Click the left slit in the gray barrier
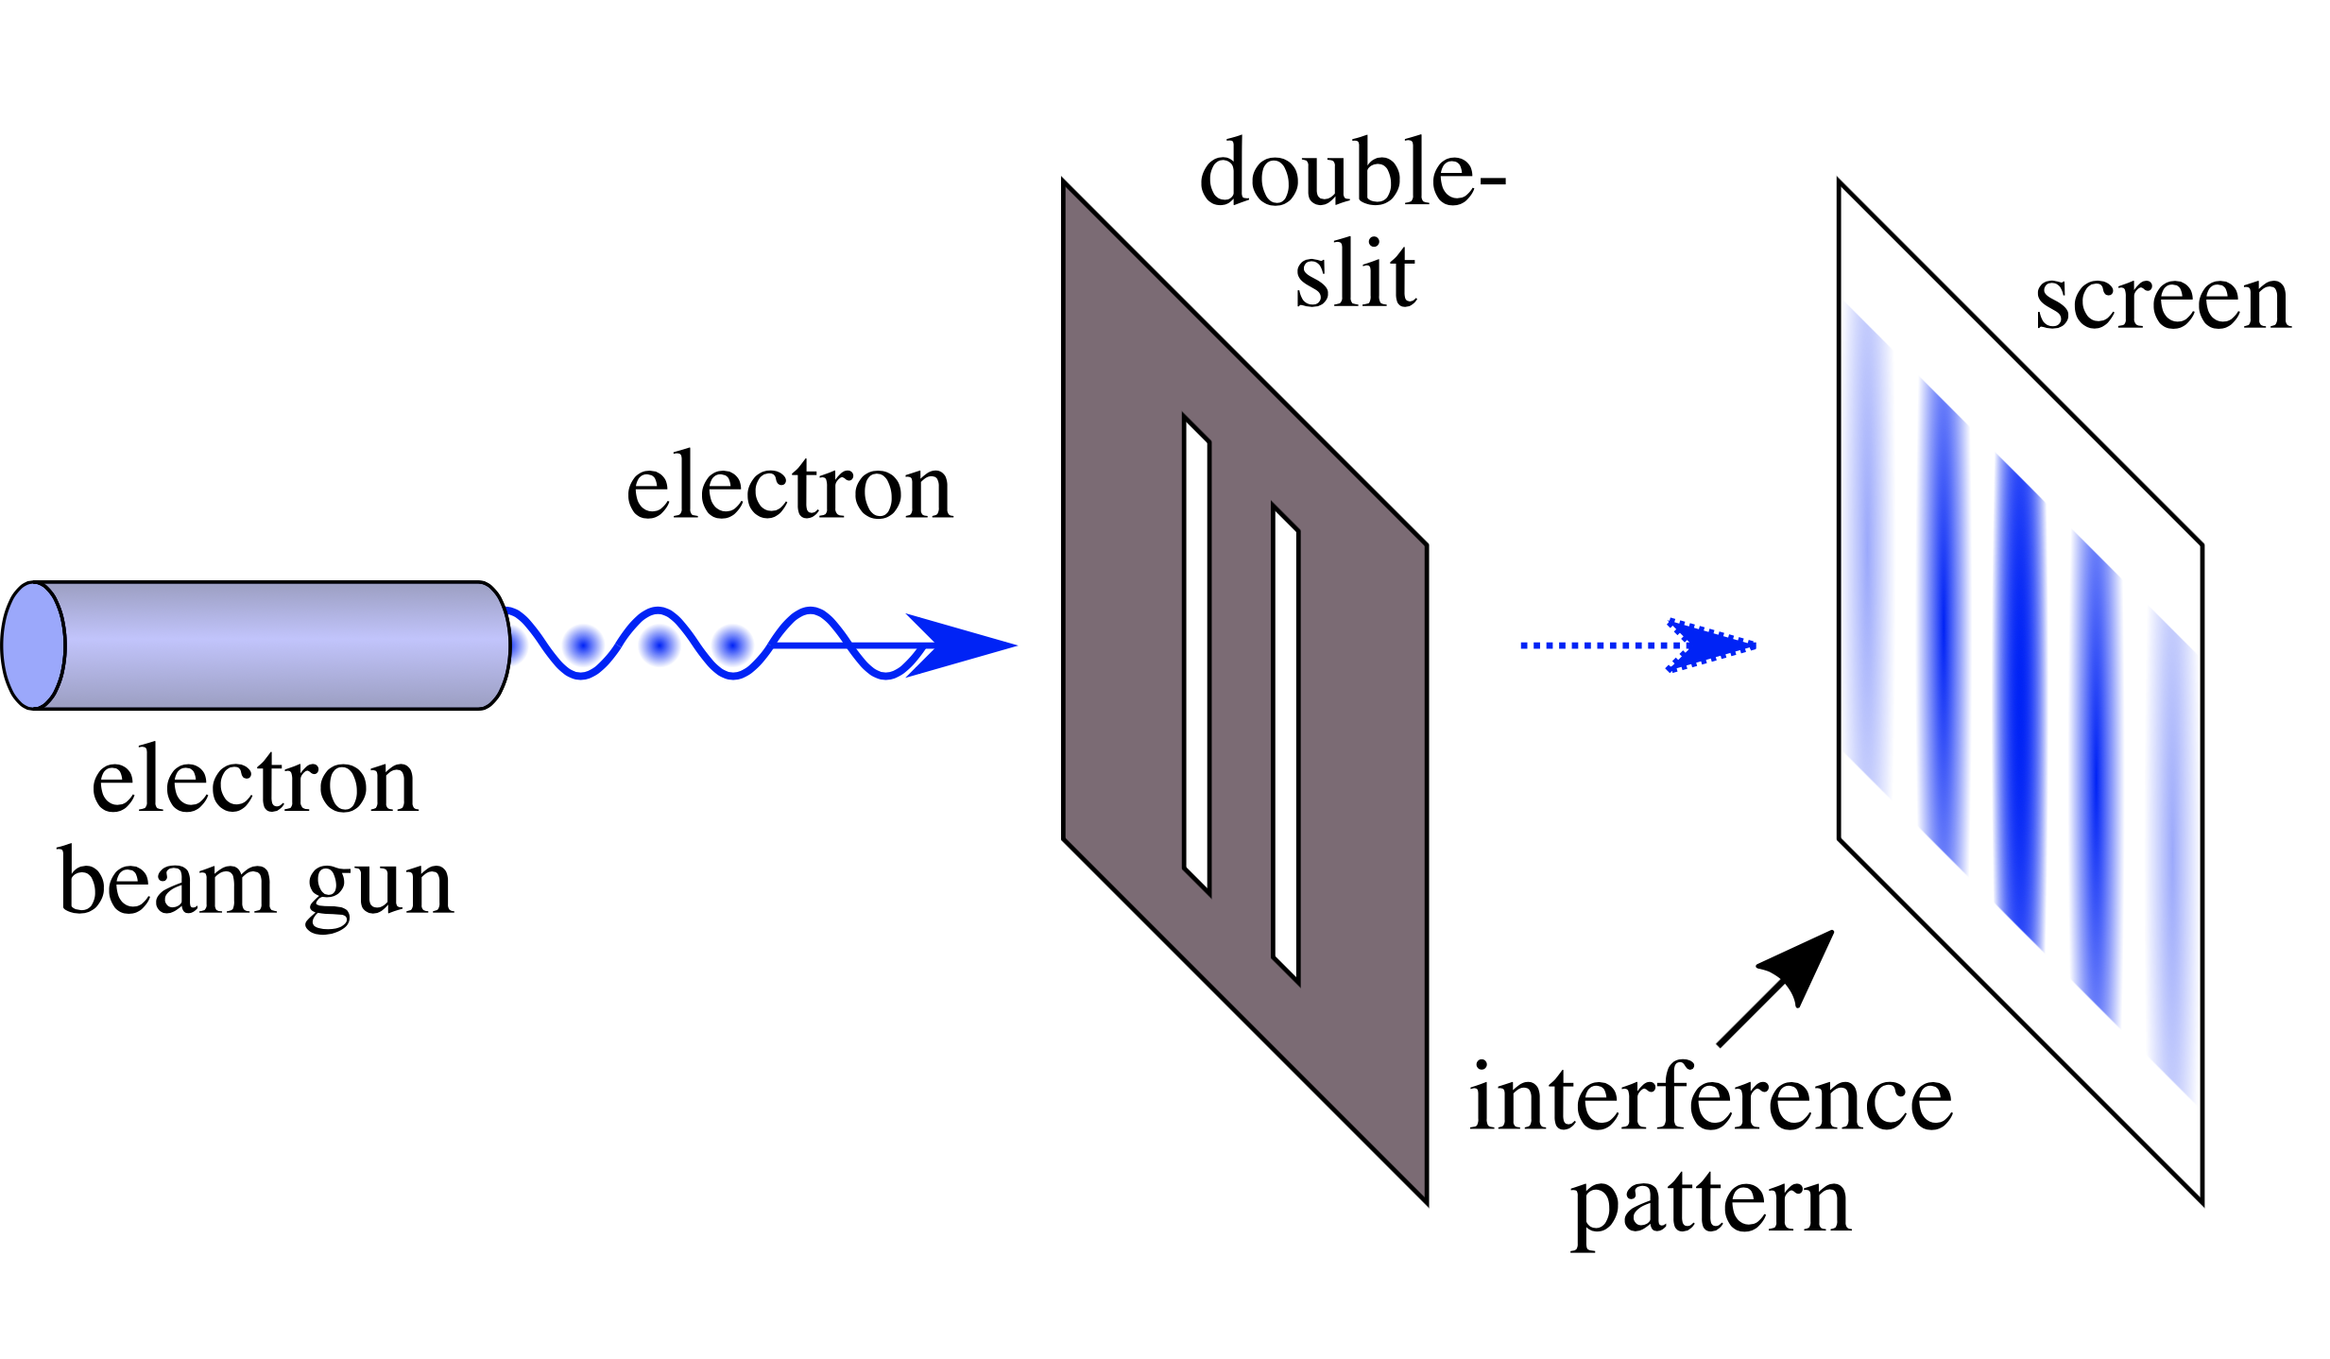pyautogui.click(x=1196, y=654)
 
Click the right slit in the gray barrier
pyautogui.click(x=1285, y=745)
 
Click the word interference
pyautogui.click(x=1710, y=1098)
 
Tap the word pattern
pyautogui.click(x=1710, y=1204)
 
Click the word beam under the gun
pyautogui.click(x=166, y=883)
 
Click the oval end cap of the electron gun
pyautogui.click(x=34, y=645)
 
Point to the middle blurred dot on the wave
pyautogui.click(x=659, y=646)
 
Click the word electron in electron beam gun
pyautogui.click(x=255, y=783)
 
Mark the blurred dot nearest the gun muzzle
pyautogui.click(x=583, y=646)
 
